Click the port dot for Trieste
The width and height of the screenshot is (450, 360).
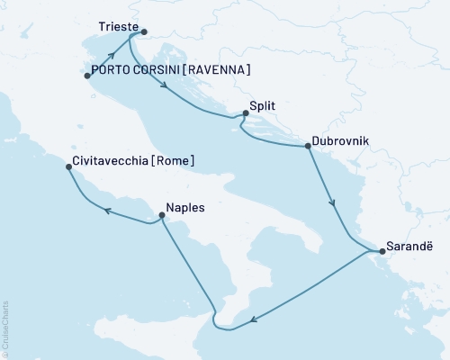(144, 31)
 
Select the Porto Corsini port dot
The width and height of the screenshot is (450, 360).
(87, 76)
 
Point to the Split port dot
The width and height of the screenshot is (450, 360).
(244, 114)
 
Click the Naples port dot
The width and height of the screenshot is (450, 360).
(161, 215)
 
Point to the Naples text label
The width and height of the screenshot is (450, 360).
(185, 208)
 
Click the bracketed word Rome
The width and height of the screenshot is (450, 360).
(175, 163)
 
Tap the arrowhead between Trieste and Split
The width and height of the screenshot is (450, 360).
(165, 85)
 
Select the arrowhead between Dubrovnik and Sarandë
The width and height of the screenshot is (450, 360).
(334, 204)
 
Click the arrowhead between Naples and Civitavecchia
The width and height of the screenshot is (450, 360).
(105, 211)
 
